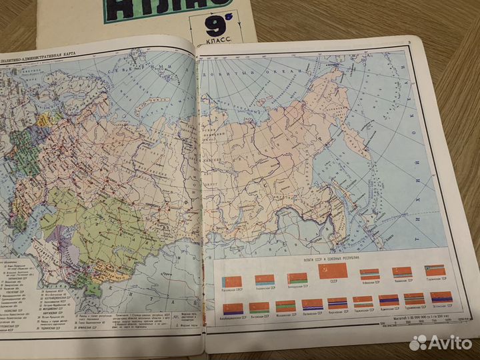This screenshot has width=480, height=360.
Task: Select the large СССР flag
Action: (333, 270)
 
